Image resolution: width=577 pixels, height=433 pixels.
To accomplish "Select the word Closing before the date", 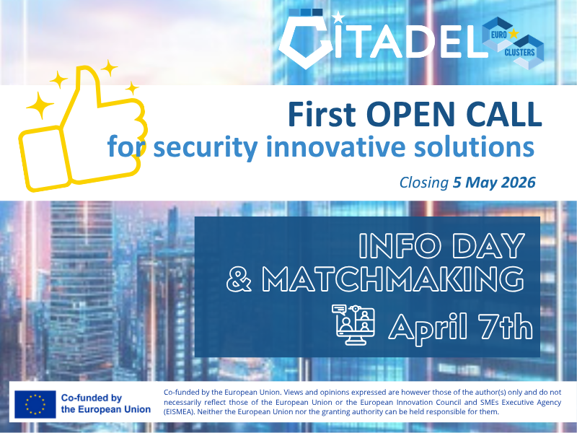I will [423, 183].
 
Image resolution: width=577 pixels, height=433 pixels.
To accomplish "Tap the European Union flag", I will [35, 403].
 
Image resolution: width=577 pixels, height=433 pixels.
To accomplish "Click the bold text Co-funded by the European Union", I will [105, 403].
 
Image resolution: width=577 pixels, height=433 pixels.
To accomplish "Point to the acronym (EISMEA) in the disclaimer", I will [187, 411].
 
